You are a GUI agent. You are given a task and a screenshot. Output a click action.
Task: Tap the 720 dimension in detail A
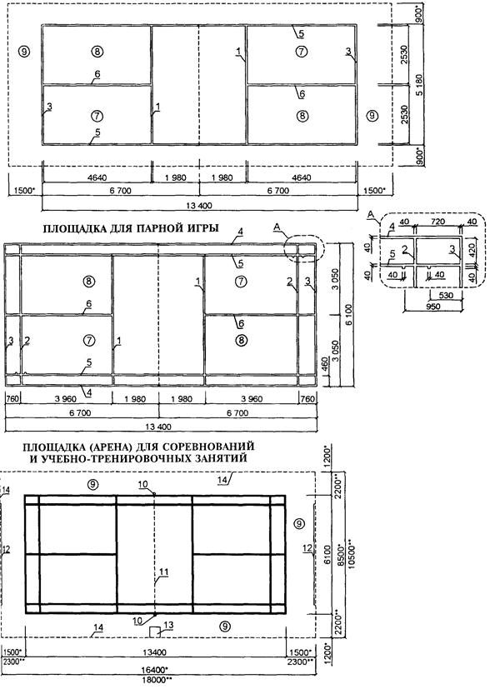438,222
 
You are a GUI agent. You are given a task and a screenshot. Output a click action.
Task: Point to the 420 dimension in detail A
472,250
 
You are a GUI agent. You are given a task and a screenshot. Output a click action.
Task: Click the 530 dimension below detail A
446,295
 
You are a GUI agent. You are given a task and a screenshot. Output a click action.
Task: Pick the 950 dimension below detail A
433,307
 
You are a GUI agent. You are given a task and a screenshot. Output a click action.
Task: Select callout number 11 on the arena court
164,572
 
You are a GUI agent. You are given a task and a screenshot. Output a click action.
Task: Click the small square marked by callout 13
154,632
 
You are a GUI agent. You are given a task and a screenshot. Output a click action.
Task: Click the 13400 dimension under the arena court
156,653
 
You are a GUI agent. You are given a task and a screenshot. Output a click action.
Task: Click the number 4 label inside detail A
392,227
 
